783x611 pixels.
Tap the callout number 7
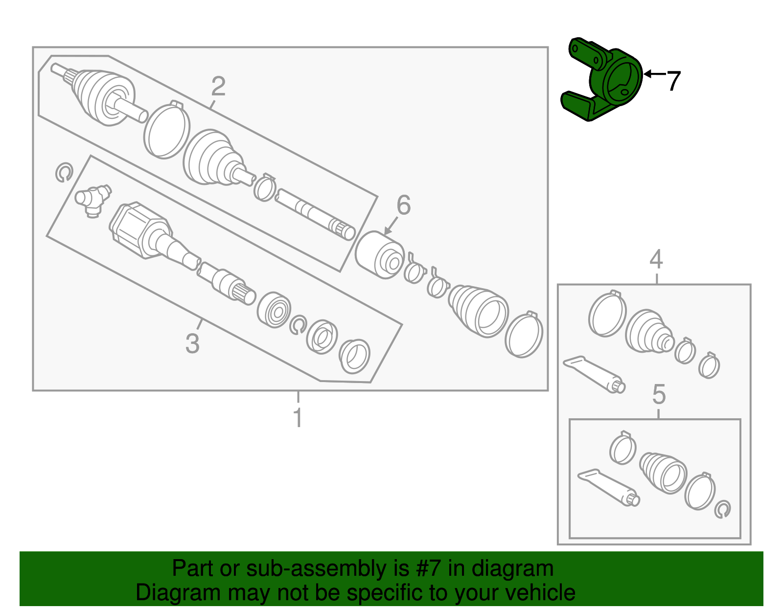point(674,81)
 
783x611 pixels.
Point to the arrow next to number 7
point(654,74)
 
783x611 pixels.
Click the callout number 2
point(218,87)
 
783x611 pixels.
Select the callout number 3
point(192,343)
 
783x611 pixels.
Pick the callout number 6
point(403,205)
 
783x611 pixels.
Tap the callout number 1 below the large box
point(298,418)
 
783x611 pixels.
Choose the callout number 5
point(659,394)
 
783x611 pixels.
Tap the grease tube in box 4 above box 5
point(594,374)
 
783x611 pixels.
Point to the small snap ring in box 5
point(722,510)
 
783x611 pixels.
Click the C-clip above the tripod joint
point(64,173)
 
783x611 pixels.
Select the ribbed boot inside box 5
point(663,472)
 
